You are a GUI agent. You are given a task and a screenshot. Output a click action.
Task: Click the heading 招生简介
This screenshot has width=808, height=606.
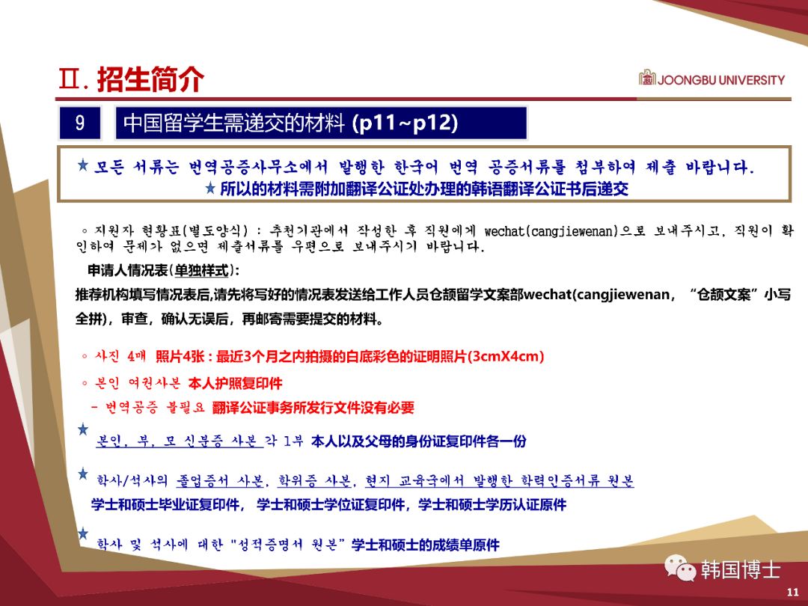coord(150,79)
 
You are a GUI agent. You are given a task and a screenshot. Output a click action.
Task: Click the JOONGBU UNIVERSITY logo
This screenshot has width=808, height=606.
coord(711,79)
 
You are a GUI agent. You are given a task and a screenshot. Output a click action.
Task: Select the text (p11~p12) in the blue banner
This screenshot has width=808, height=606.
coord(405,123)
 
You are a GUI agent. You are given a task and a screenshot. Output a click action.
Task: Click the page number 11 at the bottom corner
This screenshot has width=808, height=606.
coord(793,592)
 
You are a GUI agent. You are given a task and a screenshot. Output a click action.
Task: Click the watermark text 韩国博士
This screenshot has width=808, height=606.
coord(741,570)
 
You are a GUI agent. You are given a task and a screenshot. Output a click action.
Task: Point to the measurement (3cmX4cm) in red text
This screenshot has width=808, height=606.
coord(506,357)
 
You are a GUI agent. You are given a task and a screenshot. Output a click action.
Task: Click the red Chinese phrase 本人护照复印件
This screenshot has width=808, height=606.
coord(235,383)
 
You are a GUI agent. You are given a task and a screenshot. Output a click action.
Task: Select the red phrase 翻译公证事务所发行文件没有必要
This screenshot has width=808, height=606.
coord(313,408)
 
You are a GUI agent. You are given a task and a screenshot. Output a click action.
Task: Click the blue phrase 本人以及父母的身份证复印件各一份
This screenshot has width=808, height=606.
coord(418,441)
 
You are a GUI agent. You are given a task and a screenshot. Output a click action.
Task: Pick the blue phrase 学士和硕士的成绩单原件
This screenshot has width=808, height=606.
coord(425,545)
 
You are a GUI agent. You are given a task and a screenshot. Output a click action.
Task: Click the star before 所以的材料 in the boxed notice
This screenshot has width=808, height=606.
coord(211,188)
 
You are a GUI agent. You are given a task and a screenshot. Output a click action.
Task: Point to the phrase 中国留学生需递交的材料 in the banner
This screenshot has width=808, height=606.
coord(233,123)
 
